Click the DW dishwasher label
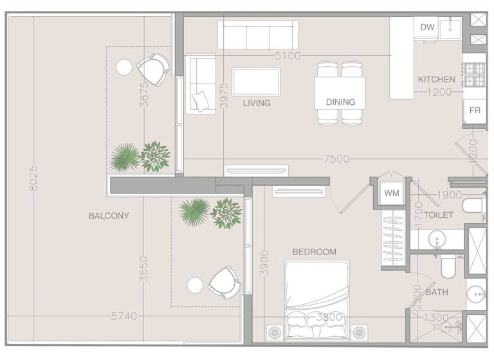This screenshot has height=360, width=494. [x=427, y=27]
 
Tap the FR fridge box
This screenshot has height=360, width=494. [x=475, y=111]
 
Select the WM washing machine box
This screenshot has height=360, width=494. [x=391, y=193]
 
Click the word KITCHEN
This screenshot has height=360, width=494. [x=437, y=80]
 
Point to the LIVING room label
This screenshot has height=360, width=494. [x=257, y=103]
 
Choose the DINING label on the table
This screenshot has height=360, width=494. [x=340, y=102]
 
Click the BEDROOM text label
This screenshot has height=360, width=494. [x=314, y=252]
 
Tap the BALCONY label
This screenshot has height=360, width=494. [x=109, y=216]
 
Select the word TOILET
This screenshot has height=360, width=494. [x=439, y=215]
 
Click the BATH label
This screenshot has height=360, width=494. [x=437, y=292]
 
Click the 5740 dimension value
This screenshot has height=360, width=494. [x=124, y=316]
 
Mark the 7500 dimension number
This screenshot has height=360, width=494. [x=336, y=159]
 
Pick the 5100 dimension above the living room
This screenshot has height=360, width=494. [x=288, y=56]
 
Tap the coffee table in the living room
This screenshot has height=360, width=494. [x=256, y=82]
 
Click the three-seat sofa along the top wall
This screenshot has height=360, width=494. [x=257, y=35]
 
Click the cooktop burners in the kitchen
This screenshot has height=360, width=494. [x=474, y=75]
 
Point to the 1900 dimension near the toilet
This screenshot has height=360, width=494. [x=450, y=195]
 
